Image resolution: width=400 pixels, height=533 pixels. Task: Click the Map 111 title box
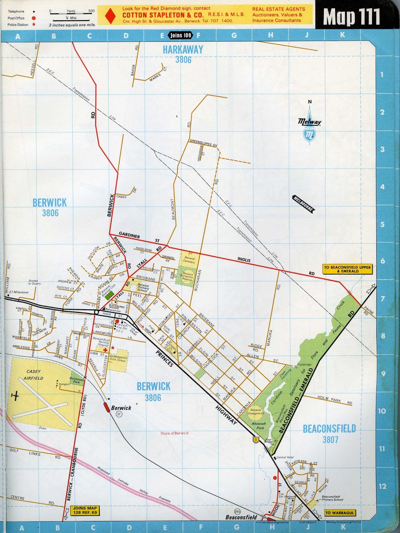point(351,17)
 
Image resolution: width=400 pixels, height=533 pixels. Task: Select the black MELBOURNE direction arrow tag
point(303,204)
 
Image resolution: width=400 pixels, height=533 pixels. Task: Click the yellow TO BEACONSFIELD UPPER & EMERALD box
point(347,269)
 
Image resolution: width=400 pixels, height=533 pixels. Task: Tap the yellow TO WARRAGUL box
point(339,513)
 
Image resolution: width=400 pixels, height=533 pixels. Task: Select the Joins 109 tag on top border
point(181,35)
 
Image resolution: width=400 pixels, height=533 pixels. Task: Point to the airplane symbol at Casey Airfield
point(15,396)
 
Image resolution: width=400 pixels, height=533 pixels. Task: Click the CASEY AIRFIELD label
point(33,375)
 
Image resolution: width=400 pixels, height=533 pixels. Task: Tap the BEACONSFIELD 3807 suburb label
point(329,434)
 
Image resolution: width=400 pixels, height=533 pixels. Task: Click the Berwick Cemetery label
point(189,260)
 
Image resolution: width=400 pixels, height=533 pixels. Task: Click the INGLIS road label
point(244,260)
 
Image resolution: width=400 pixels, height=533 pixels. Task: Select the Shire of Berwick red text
point(174,433)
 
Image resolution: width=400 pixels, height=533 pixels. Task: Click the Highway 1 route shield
point(256,440)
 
